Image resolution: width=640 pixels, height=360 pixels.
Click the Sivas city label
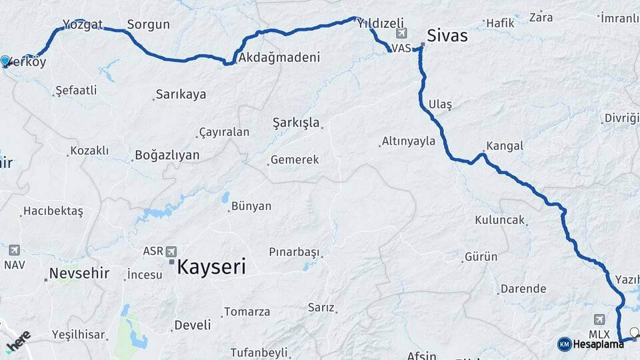[x=447, y=36]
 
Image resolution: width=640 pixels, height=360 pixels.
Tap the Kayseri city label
[x=211, y=268]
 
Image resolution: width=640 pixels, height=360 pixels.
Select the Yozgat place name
[x=83, y=25]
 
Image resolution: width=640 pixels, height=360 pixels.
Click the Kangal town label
[x=505, y=146]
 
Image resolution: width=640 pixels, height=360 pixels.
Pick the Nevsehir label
[x=79, y=274]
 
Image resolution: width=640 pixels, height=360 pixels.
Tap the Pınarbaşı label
[x=294, y=252]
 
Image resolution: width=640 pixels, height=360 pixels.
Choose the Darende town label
[x=524, y=289]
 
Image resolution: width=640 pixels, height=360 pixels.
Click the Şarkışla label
[x=297, y=123]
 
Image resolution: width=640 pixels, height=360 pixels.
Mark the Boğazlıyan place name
[x=167, y=155]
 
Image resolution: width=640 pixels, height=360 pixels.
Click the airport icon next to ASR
[x=171, y=251]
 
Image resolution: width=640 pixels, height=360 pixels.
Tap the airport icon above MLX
[x=599, y=319]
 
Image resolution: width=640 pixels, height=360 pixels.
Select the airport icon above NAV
[x=14, y=250]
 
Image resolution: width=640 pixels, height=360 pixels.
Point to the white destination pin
[x=634, y=332]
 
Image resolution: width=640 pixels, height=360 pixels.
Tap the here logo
[x=18, y=341]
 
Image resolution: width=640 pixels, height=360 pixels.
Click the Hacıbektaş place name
[x=53, y=211]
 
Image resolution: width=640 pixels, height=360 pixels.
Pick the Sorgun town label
[x=148, y=25]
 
